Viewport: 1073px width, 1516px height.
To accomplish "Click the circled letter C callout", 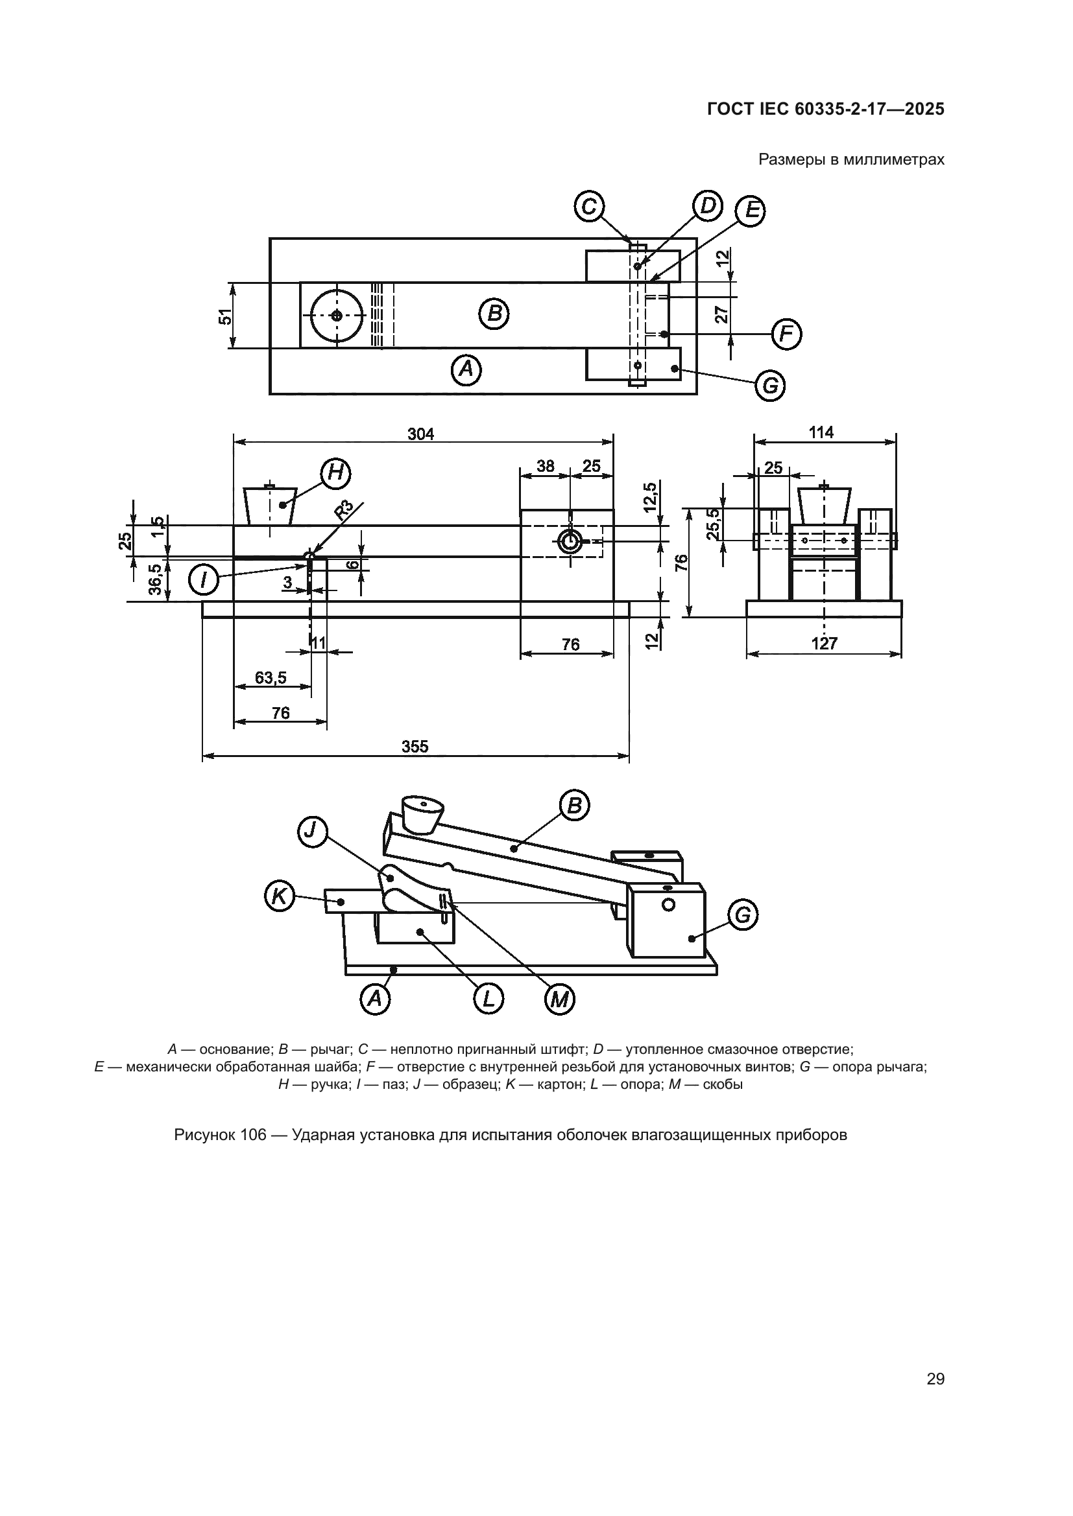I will (x=588, y=207).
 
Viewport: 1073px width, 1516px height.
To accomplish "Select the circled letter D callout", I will (x=707, y=206).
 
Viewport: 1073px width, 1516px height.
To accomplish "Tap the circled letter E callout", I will (x=751, y=211).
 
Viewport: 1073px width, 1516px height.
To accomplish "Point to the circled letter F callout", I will (x=786, y=334).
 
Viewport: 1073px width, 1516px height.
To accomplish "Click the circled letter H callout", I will (x=335, y=472).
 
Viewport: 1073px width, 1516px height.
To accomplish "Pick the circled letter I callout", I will (x=204, y=579).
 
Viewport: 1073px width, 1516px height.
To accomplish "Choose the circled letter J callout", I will (x=311, y=832).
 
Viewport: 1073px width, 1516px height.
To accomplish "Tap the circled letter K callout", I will (x=280, y=896).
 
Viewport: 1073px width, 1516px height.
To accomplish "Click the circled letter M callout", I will (x=560, y=1000).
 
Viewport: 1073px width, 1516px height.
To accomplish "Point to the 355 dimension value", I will (x=415, y=746).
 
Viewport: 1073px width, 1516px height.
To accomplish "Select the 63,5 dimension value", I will (x=271, y=677).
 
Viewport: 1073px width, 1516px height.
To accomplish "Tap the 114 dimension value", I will (x=821, y=432).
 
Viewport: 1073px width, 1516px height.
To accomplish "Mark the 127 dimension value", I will (x=824, y=643).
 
